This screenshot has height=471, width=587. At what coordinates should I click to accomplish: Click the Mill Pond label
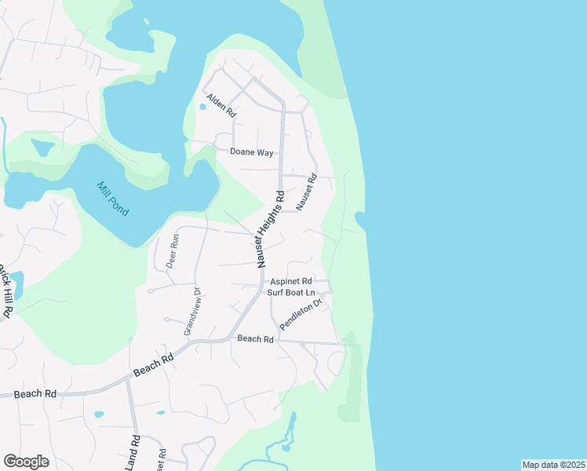pos(113,199)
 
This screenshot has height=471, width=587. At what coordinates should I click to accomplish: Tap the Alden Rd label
pos(221,106)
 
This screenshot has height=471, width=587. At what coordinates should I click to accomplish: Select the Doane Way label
pos(251,152)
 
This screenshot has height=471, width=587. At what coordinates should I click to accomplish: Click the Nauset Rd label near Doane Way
pos(305,192)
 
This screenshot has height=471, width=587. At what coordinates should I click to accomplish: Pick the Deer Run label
pos(173,252)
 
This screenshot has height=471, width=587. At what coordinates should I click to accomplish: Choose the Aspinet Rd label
pos(291,281)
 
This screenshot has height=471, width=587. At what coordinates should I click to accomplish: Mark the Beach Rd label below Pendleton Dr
pos(255,339)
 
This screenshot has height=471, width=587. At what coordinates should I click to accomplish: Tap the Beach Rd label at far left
pos(35,393)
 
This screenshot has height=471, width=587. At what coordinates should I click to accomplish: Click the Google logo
pos(27,461)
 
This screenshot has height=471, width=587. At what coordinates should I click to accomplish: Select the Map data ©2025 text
pos(552,465)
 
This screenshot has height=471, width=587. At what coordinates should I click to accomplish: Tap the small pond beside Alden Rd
pos(203,108)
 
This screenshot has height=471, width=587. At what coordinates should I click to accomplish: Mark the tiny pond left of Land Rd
pos(98,414)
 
